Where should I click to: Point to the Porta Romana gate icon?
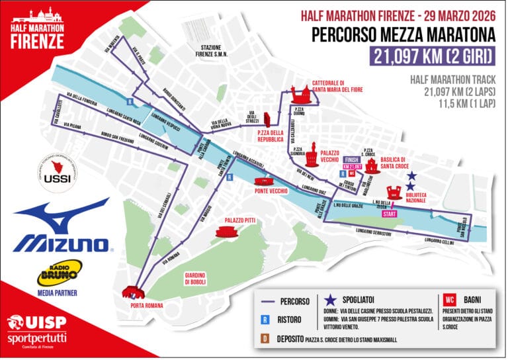[134, 292]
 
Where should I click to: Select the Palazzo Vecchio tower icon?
[310, 154]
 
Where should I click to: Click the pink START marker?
[390, 214]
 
